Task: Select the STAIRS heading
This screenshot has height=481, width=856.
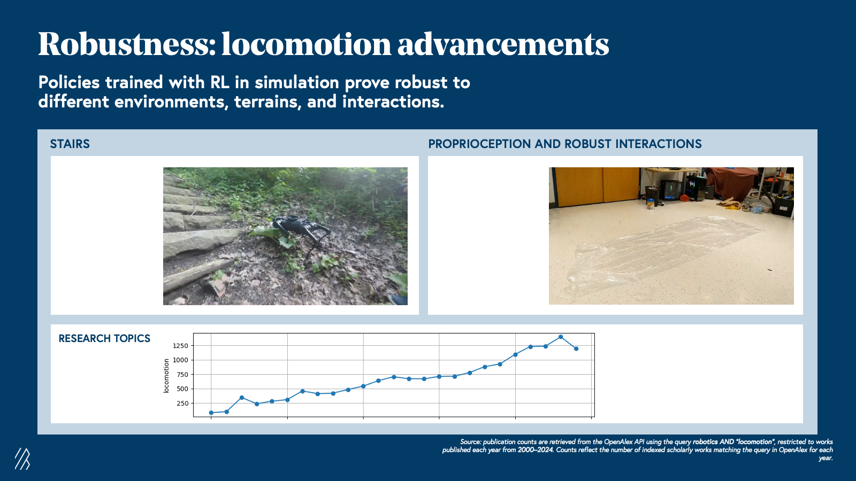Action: coord(70,144)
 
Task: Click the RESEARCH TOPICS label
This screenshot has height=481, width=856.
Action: coord(104,338)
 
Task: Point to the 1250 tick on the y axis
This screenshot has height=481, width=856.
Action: coord(180,346)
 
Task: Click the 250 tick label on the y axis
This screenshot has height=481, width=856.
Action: coord(182,404)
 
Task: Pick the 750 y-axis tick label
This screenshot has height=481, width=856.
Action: coord(182,375)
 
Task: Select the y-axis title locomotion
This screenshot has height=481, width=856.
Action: coord(166,376)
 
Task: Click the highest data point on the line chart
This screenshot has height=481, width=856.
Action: coord(561,337)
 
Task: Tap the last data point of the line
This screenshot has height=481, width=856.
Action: coord(576,348)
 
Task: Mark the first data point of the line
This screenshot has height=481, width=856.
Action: coord(211,413)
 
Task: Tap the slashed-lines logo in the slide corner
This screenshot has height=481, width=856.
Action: coord(22,459)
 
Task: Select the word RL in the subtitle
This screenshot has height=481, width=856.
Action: coord(220,82)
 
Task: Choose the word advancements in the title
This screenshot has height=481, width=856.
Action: coord(503,44)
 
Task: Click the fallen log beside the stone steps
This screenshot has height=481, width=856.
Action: coord(198,274)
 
